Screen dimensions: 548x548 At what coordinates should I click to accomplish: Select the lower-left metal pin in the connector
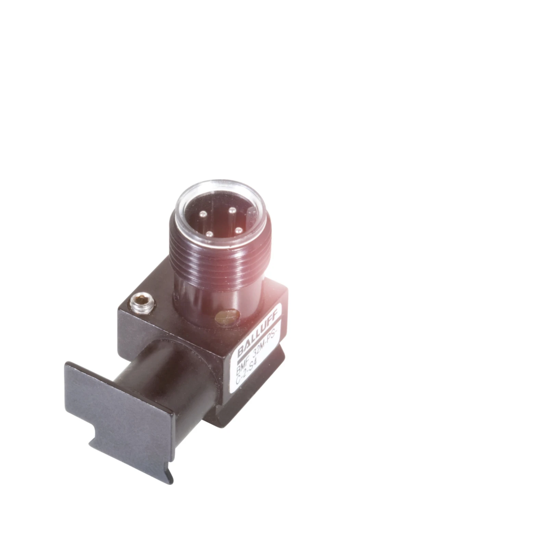pos(208,234)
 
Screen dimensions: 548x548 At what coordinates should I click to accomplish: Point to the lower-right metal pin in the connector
pos(239,230)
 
